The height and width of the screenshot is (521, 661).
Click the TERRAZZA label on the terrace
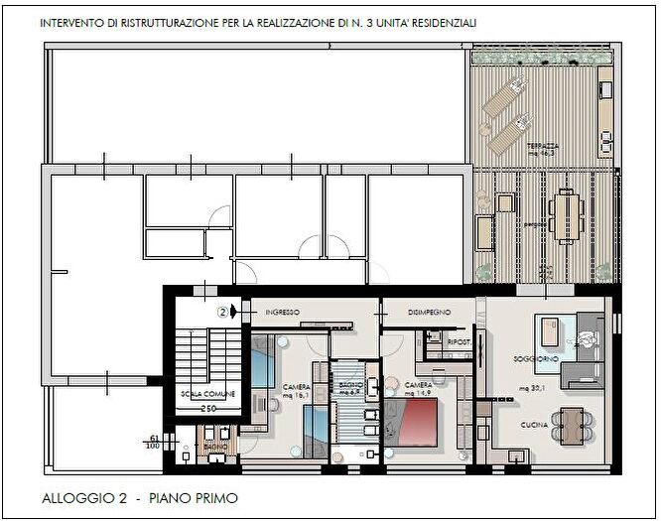pyautogui.click(x=543, y=147)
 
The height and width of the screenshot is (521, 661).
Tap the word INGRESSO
pyautogui.click(x=283, y=313)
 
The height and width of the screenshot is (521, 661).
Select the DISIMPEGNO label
pyautogui.click(x=430, y=313)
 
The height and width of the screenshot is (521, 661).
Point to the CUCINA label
pyautogui.click(x=535, y=425)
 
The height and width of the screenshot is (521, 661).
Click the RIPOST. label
pyautogui.click(x=458, y=342)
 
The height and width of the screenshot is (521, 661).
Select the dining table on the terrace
pyautogui.click(x=568, y=215)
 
